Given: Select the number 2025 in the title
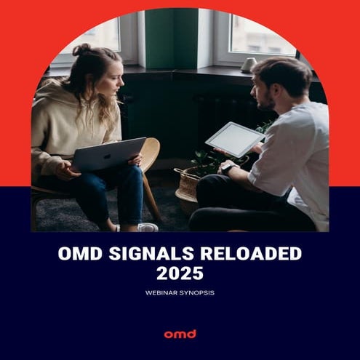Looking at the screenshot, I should [179, 274].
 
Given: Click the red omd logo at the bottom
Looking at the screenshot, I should [180, 334].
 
